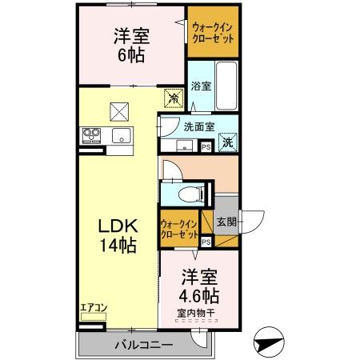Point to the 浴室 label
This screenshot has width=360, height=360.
coord(202,86)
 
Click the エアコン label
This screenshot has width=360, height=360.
coord(93,306)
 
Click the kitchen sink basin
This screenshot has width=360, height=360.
coord(122,134)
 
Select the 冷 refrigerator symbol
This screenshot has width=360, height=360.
coord(172,98)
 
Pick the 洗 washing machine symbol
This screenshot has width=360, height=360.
coord(228,143)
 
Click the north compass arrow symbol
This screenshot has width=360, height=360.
coord(270,342)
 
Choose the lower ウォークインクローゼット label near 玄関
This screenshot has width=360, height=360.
coord(179,230)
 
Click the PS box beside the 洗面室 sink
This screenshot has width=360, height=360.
coord(206,146)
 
